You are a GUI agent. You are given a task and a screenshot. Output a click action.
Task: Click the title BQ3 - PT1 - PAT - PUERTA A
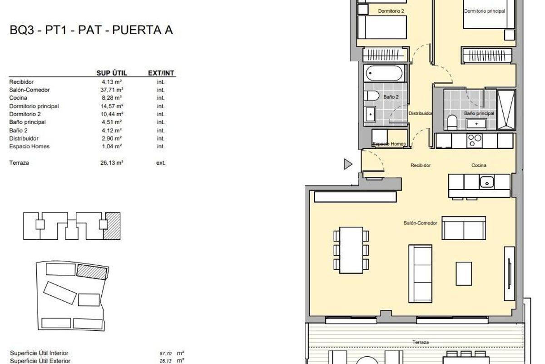click(x=91, y=31)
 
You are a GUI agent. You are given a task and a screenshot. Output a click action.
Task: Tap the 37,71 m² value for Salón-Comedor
click(x=112, y=90)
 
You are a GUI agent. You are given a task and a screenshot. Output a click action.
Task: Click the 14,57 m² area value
click(x=112, y=106)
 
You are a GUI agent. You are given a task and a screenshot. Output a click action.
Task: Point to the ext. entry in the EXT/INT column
click(x=161, y=162)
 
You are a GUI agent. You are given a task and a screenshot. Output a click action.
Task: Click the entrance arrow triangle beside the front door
click(x=348, y=164)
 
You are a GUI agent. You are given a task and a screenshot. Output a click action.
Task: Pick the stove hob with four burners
click(x=475, y=141)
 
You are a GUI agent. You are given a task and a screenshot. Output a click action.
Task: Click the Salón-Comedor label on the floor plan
click(x=420, y=223)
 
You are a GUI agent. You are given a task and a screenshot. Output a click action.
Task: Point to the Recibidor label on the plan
click(x=420, y=166)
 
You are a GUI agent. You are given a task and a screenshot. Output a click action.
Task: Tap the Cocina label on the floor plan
click(x=479, y=166)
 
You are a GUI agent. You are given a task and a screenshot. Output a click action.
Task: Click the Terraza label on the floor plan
click(x=420, y=342)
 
